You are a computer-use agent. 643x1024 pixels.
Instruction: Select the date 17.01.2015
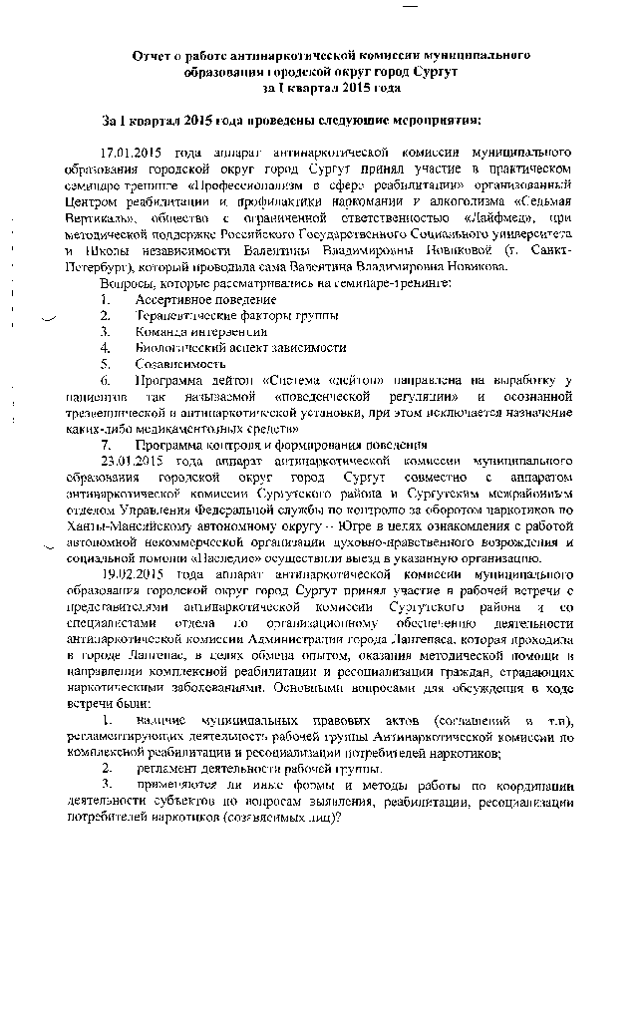134,153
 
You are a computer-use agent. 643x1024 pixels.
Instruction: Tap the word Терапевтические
187,315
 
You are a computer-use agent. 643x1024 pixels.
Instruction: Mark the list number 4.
103,347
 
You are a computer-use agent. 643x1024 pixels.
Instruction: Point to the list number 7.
103,444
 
